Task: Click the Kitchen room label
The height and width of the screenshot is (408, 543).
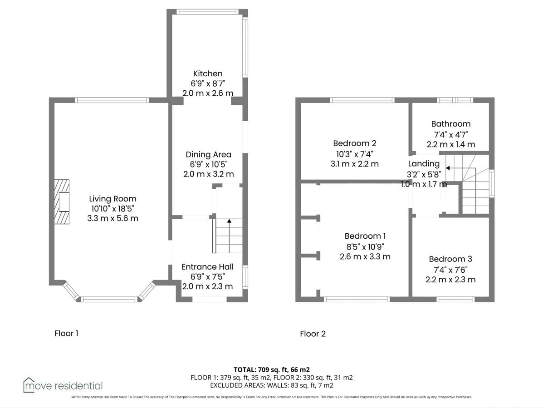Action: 208,74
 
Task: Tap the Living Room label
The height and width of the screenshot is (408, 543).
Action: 113,199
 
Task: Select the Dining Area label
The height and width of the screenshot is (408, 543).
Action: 209,154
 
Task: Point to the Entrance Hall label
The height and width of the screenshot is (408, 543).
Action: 208,267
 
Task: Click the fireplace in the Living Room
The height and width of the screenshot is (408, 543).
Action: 62,202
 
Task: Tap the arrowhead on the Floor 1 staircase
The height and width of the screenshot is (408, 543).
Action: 229,221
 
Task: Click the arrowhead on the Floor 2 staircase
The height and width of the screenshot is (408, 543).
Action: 448,168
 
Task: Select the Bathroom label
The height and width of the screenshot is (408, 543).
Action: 451,124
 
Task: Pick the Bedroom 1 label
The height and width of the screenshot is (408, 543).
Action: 365,236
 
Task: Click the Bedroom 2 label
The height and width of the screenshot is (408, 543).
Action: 355,143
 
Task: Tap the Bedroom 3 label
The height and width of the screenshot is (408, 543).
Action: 450,259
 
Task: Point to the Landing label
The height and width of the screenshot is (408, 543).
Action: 424,164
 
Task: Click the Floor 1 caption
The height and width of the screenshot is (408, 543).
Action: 67,334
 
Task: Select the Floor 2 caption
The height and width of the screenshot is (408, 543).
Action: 313,334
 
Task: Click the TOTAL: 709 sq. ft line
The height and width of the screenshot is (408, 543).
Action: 271,369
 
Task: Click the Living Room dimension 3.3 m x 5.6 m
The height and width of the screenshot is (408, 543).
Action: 113,219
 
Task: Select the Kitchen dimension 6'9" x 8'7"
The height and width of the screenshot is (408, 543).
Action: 208,84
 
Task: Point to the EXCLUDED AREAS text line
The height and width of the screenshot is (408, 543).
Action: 271,385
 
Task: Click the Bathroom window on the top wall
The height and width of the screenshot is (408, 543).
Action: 455,100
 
